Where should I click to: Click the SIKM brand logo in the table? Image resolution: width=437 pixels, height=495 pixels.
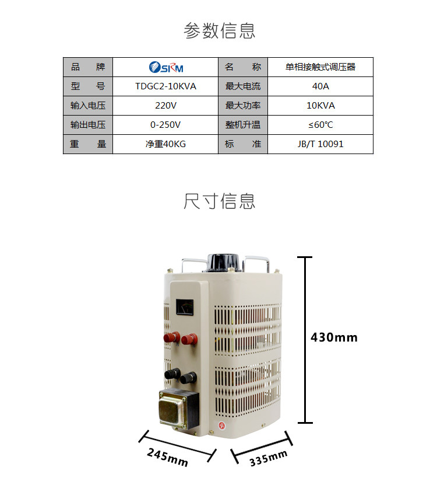[165, 67]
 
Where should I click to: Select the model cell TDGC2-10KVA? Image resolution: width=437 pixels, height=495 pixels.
[165, 86]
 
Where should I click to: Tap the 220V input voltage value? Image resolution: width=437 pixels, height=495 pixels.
[165, 106]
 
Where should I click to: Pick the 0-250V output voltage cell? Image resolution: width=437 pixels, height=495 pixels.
[165, 125]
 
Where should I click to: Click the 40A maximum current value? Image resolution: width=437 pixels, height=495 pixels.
[320, 86]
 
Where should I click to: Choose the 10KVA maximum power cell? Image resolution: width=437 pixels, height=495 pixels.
[320, 106]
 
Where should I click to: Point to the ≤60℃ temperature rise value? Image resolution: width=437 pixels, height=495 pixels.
[320, 125]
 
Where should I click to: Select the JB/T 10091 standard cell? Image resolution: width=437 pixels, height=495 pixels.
[320, 144]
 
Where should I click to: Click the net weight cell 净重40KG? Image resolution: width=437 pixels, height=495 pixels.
[165, 144]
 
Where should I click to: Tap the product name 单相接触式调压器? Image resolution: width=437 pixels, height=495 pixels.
[320, 67]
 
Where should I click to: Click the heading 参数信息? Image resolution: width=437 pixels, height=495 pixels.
[219, 30]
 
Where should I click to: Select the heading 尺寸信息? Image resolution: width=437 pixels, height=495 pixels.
[219, 201]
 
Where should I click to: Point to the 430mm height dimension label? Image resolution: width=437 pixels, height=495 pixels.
[334, 337]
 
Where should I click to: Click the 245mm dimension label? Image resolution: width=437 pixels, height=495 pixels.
[168, 458]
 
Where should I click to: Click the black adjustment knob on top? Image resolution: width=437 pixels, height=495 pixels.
[223, 263]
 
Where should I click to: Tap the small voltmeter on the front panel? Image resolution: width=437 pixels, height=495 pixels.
[185, 307]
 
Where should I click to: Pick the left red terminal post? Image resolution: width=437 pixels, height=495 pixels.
[172, 337]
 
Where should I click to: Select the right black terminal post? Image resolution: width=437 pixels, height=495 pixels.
[188, 378]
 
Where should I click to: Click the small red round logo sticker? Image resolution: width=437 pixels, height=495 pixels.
[222, 425]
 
